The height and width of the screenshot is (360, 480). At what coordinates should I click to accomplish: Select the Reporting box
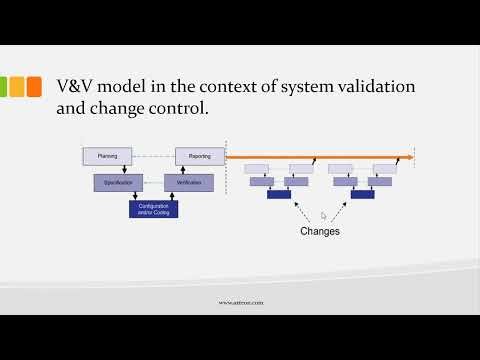200,157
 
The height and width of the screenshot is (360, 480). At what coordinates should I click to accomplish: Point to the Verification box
189,183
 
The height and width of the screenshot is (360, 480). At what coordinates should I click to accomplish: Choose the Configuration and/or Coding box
153,209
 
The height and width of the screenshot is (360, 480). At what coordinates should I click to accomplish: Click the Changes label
320,231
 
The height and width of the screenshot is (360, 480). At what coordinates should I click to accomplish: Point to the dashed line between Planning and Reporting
154,157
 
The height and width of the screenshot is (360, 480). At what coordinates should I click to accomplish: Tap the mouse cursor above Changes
323,214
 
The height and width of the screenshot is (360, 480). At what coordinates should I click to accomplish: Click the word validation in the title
376,88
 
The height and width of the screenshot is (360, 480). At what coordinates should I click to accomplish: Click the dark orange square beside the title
34,87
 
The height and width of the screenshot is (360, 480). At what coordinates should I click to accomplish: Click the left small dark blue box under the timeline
279,194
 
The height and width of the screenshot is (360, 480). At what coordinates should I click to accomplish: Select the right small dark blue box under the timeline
362,194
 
